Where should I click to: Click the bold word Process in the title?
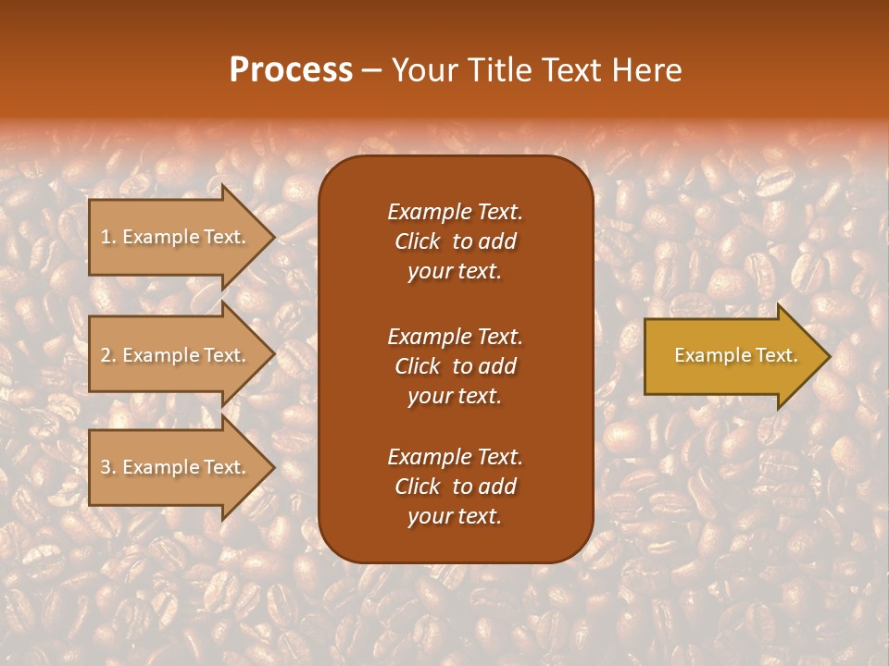pyautogui.click(x=291, y=70)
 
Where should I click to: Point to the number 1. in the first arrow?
pyautogui.click(x=108, y=237)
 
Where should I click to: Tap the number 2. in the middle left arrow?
pyautogui.click(x=108, y=355)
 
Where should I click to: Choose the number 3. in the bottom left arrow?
pyautogui.click(x=108, y=467)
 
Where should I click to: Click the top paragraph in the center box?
pyautogui.click(x=455, y=241)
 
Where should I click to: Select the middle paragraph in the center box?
pyautogui.click(x=455, y=365)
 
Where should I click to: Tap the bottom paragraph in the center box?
pyautogui.click(x=455, y=487)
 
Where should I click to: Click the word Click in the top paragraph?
pyautogui.click(x=417, y=241)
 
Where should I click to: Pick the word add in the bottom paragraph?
pyautogui.click(x=497, y=487)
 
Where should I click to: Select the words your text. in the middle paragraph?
pyautogui.click(x=455, y=396)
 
